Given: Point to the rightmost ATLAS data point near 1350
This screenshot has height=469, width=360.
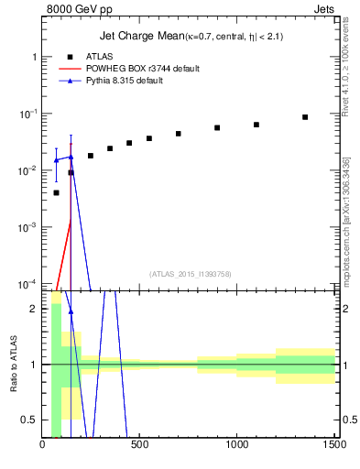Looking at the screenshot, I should (305, 117).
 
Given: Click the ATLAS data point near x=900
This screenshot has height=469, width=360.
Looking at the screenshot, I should (217, 128).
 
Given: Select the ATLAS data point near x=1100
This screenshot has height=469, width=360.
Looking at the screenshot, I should (256, 125).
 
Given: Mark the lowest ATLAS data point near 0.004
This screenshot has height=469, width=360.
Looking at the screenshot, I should (57, 192).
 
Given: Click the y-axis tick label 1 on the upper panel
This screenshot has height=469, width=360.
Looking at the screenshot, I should (34, 57).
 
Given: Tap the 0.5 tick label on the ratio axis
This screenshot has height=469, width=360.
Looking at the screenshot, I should (30, 420).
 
